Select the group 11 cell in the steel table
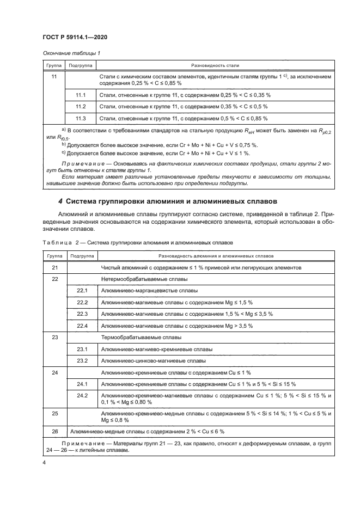click(54, 77)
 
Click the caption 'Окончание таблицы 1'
click(71, 53)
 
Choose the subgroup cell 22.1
click(82, 291)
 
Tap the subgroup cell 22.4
click(82, 326)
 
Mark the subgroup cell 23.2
click(82, 360)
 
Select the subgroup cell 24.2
click(82, 395)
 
